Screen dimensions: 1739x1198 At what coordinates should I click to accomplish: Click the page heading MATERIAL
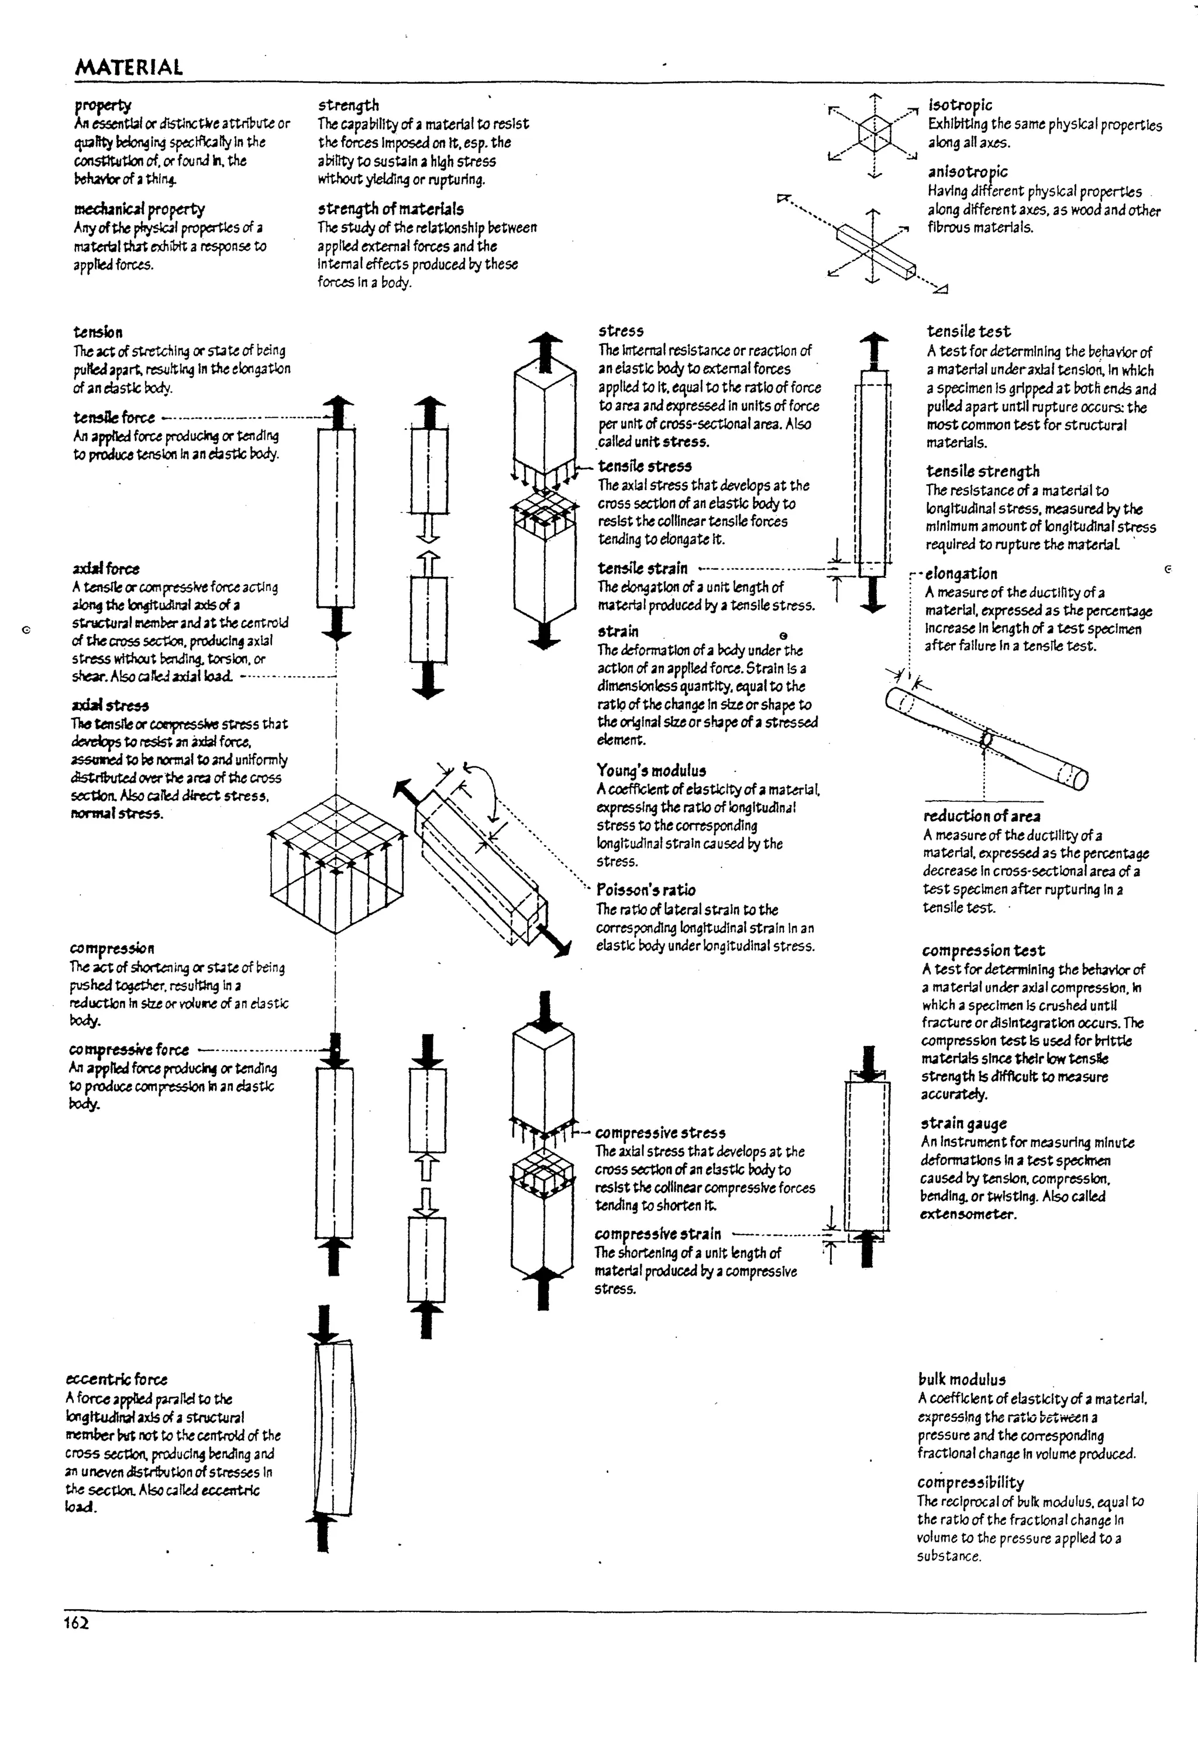coord(128,67)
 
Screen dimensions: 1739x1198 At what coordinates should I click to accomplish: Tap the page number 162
coord(76,1623)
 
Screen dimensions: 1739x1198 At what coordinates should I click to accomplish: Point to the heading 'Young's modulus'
coord(651,770)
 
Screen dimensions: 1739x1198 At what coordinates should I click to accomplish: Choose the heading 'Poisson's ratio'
coord(646,890)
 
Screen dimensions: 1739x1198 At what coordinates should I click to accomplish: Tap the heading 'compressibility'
coord(970,1482)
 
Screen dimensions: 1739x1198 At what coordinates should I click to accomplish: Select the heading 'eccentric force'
coord(116,1379)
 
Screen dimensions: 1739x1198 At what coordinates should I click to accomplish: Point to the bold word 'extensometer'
coord(968,1214)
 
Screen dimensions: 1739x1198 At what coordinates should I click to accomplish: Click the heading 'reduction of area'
coord(981,817)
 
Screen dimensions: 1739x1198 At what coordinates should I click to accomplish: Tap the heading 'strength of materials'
coord(390,209)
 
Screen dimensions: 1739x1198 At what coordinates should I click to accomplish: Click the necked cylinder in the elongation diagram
coord(986,739)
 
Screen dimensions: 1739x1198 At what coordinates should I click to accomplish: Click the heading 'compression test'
coord(983,950)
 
